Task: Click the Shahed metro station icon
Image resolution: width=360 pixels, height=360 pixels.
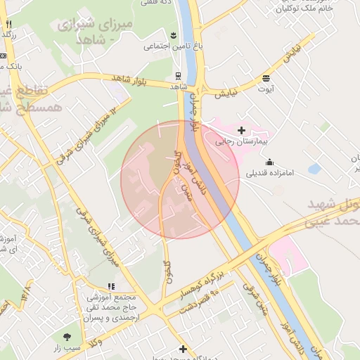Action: tap(178, 76)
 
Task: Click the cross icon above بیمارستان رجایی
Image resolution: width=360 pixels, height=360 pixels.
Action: tap(242, 130)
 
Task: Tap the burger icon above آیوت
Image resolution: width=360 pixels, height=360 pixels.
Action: tap(266, 78)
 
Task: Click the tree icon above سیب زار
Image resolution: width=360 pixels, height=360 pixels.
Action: tap(67, 337)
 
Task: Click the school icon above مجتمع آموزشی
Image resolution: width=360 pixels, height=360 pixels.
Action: tap(111, 287)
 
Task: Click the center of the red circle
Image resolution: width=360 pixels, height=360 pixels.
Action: tap(179, 180)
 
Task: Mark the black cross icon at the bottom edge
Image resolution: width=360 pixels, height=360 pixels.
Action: tap(183, 349)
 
